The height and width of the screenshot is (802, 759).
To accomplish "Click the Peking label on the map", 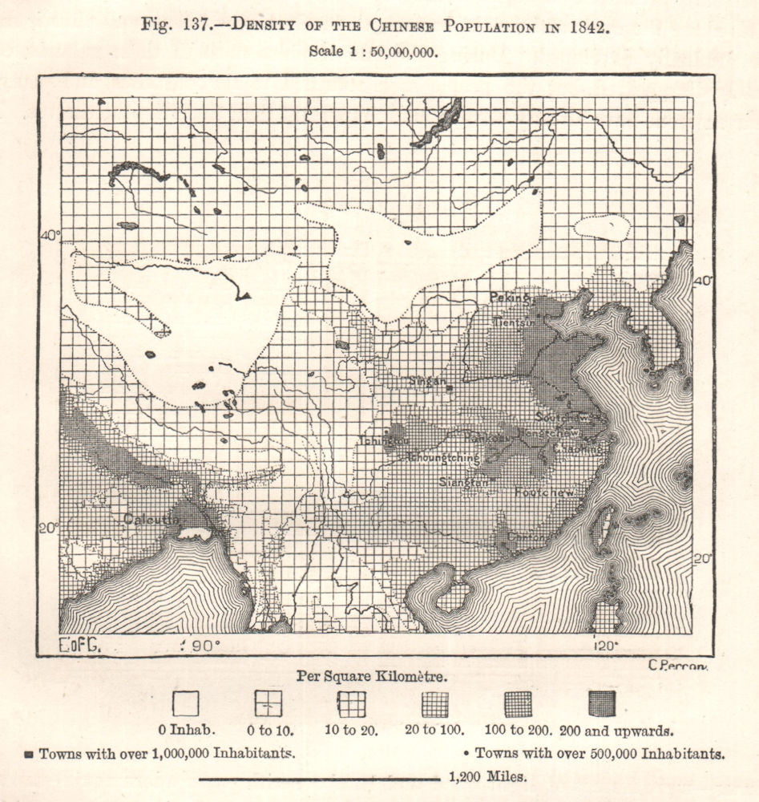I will point(511,298).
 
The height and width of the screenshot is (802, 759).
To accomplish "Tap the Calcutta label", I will point(151,519).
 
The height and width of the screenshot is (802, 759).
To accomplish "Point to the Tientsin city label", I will point(512,322).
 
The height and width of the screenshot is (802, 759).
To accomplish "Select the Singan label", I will point(426,382).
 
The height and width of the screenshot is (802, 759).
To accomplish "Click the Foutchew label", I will point(546,492).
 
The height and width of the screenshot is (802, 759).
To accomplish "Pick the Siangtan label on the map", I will point(464,483).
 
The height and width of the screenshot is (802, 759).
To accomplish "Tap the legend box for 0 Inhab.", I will point(185,703).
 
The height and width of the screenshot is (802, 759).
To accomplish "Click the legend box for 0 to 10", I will point(268,703).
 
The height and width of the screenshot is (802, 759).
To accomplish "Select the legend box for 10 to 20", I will point(351,703).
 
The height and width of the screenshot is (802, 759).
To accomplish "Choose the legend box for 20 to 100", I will point(434,703).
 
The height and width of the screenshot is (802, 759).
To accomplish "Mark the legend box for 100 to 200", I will point(518,703).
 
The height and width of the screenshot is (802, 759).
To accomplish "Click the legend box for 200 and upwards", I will point(601,703).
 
